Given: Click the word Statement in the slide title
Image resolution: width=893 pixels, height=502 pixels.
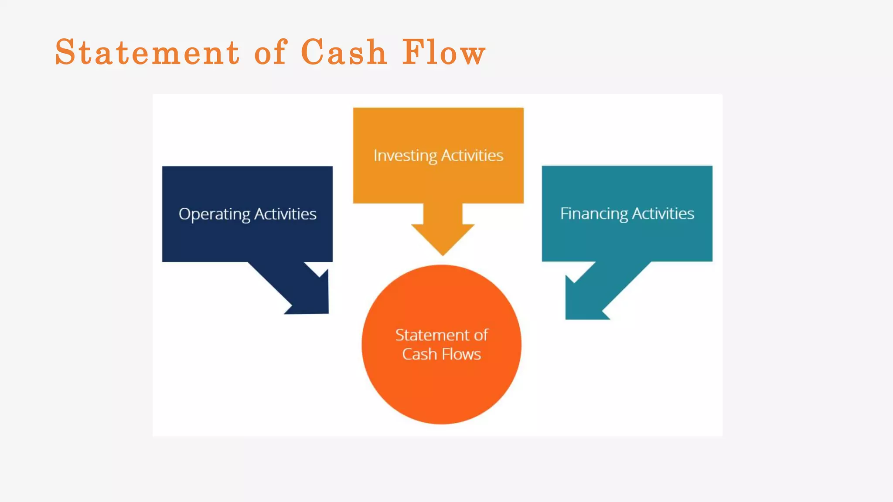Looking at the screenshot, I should (x=147, y=52).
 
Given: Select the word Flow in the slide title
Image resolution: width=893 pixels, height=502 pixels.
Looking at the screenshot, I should (x=443, y=52).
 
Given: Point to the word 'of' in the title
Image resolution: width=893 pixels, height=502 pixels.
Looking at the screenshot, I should (x=270, y=52).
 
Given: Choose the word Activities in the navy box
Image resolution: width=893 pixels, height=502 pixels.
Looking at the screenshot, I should (x=285, y=214).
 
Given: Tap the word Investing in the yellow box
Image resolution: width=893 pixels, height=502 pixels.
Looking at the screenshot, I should (x=405, y=156).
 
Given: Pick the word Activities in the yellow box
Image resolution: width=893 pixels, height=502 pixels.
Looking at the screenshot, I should (x=472, y=156).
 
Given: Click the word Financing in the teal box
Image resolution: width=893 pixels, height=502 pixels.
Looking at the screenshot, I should (x=594, y=214).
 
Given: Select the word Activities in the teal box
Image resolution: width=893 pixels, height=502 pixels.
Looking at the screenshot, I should (x=663, y=214).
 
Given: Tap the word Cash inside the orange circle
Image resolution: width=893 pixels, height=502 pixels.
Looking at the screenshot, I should (x=419, y=354).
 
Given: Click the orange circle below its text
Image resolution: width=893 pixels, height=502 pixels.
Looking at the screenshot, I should (x=441, y=392).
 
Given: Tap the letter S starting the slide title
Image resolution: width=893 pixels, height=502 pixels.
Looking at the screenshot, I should (x=65, y=52).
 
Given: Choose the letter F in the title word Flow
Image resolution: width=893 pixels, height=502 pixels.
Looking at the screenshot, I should (x=412, y=52).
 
